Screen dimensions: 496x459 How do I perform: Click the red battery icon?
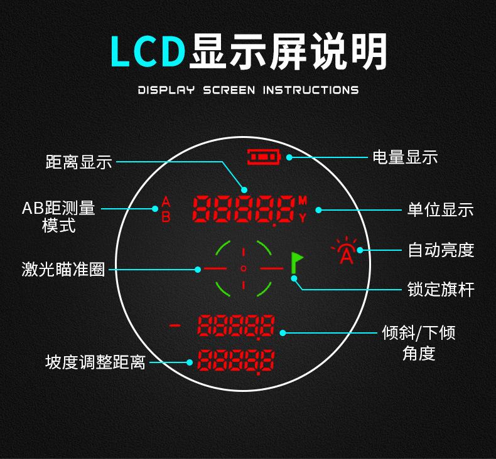click(264, 157)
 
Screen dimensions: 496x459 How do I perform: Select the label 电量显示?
click(405, 157)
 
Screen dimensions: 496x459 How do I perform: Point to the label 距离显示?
click(78, 161)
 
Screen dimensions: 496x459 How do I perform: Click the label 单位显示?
click(441, 209)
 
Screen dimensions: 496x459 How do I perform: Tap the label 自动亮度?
click(441, 250)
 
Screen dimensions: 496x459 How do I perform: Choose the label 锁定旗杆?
click(441, 290)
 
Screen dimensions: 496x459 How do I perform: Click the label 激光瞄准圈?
click(63, 270)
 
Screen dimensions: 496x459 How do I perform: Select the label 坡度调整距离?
click(95, 362)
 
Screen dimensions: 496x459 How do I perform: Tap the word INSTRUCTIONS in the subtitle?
click(310, 90)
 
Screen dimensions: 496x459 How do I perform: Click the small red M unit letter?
click(303, 201)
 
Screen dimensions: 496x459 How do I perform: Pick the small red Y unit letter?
click(303, 218)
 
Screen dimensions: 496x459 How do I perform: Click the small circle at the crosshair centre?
click(244, 268)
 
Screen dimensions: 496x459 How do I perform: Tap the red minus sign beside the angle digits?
click(175, 325)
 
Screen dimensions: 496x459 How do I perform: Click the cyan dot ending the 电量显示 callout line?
click(289, 157)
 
